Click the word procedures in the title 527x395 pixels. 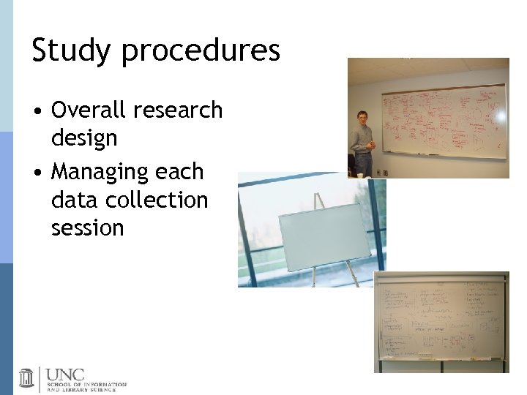[201, 51]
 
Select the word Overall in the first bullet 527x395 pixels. [89, 110]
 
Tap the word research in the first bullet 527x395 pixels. [179, 110]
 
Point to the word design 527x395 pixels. [84, 138]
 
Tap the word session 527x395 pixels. [88, 227]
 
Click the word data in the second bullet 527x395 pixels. [72, 200]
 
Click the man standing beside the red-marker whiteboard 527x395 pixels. [362, 143]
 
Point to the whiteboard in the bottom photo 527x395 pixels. [439, 322]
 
